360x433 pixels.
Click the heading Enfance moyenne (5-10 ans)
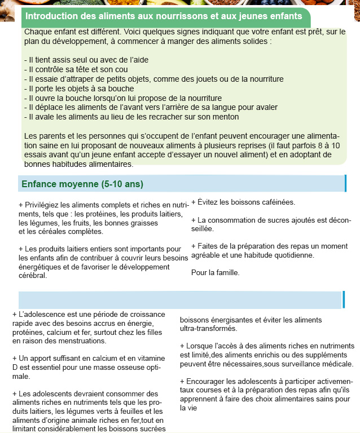[x=82, y=184]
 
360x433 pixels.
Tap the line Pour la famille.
[x=215, y=273]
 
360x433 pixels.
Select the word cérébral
[x=33, y=276]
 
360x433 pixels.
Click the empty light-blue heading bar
[x=181, y=299]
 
